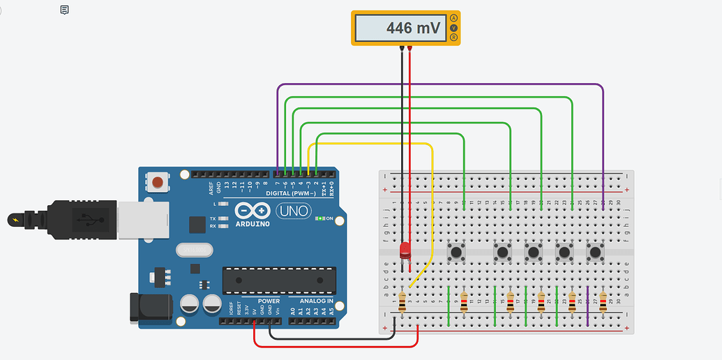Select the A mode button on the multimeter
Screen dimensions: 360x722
453,18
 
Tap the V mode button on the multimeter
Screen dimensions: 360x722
453,28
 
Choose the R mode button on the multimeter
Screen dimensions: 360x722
453,37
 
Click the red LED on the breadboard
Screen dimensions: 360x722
404,250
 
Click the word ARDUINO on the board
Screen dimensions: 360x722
253,223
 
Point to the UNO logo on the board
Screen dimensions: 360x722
294,210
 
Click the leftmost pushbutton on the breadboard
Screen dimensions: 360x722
458,250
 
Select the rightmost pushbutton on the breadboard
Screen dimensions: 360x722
594,250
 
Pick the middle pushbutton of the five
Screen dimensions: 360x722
534,250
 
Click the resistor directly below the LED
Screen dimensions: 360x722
403,301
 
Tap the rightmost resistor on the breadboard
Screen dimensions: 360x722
603,301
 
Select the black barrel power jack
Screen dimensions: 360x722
150,307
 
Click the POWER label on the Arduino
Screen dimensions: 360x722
269,301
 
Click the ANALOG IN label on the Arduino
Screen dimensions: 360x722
316,301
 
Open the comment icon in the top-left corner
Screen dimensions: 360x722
64,10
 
